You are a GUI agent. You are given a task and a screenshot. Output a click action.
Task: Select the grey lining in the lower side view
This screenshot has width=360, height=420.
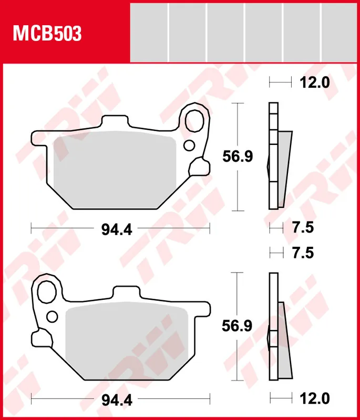(283, 341)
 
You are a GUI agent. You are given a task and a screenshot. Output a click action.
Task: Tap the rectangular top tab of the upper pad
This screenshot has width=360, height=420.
(116, 122)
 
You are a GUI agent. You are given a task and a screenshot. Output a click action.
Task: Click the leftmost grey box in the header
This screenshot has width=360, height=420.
(149, 31)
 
